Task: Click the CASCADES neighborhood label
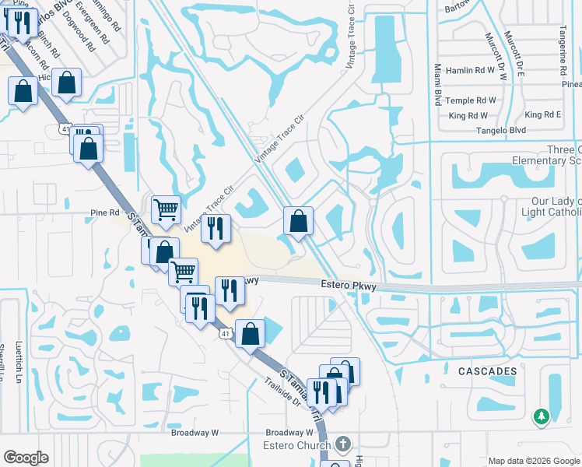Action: coord(487,371)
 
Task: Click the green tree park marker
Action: coord(541,417)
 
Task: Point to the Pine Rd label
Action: coord(105,212)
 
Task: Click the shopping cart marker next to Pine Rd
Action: coord(166,209)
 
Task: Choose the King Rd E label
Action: coord(543,114)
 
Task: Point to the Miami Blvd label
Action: coord(438,86)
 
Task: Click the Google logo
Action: coord(26,458)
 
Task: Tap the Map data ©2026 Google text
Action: coord(534,461)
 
